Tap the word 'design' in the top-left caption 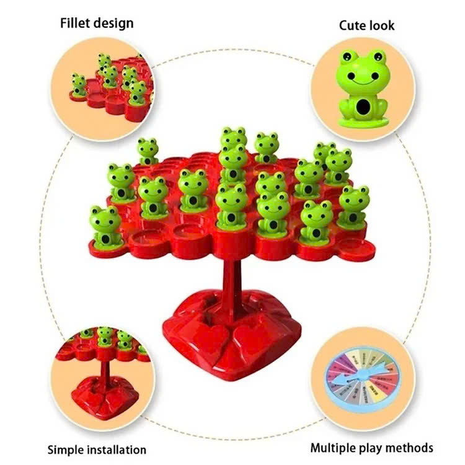pos(114,24)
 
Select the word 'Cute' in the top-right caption pos(351,25)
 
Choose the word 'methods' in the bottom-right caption pos(409,448)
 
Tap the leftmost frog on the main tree pos(105,227)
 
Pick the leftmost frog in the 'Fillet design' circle pos(79,85)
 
